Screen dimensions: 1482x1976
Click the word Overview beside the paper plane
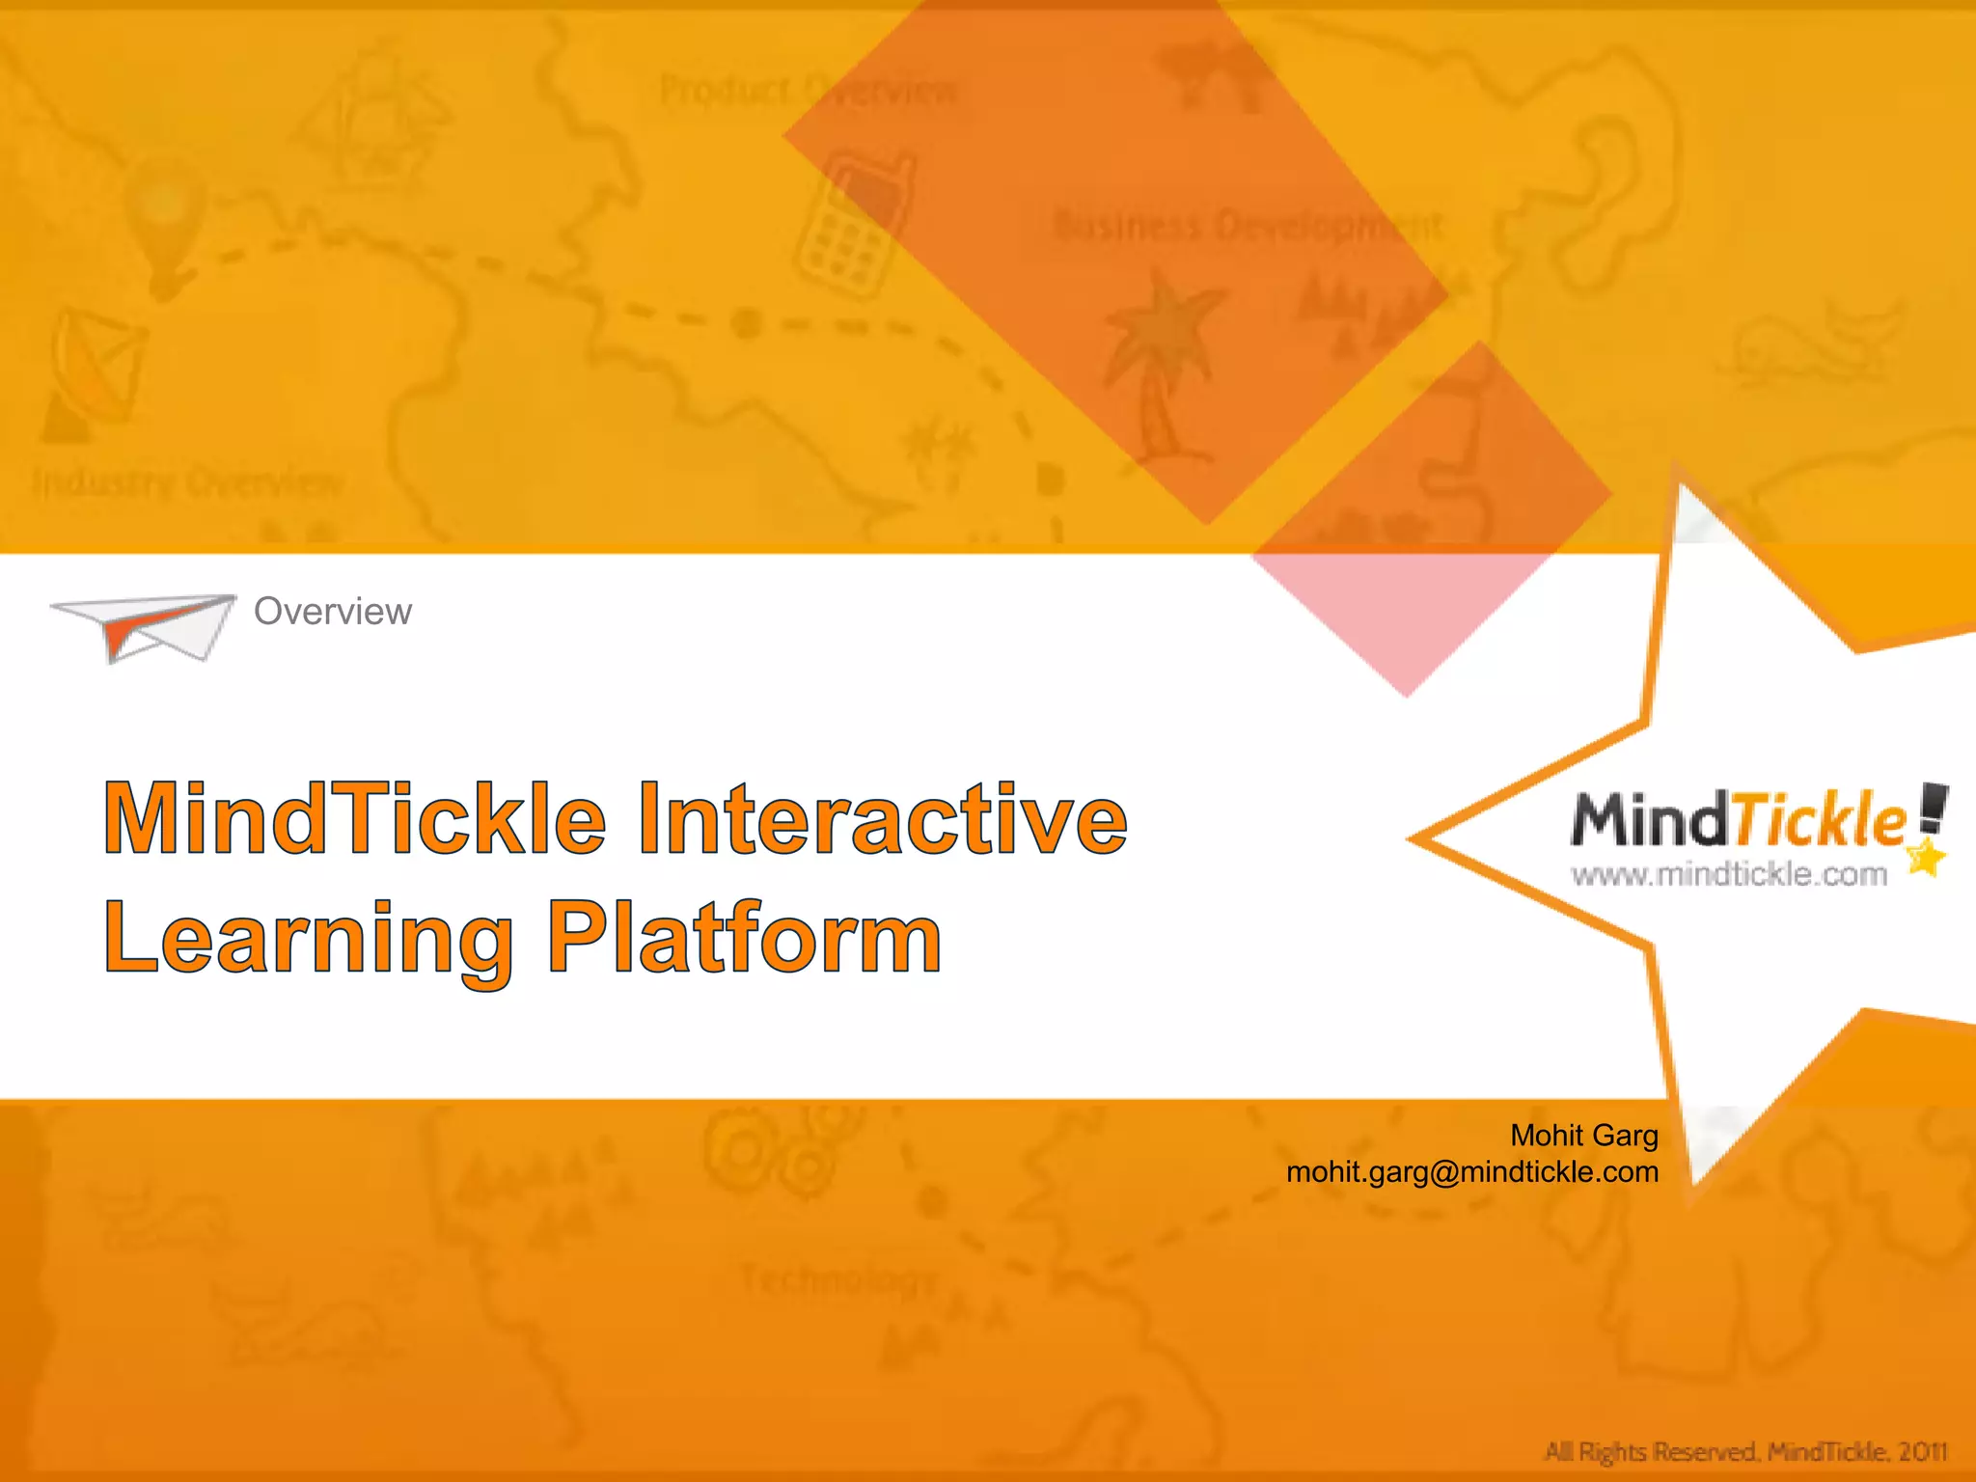[x=332, y=612]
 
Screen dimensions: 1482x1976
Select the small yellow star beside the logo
[x=1926, y=858]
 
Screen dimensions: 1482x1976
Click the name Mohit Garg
[x=1583, y=1136]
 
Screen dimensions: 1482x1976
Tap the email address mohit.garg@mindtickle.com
[x=1472, y=1172]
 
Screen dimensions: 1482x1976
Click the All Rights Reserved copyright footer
[x=1745, y=1451]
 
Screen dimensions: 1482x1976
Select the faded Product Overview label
[x=809, y=92]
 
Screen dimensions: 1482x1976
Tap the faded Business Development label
[x=1249, y=227]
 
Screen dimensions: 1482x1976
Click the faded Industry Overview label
[x=188, y=481]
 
